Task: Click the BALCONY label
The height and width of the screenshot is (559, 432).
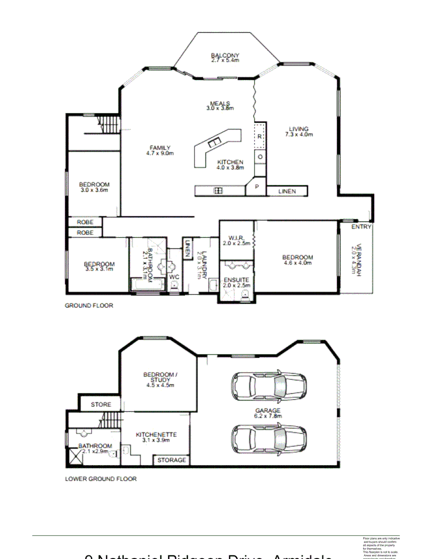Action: (x=225, y=56)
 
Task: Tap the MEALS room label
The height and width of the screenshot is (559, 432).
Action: (x=220, y=104)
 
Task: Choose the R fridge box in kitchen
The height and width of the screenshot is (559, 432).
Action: (x=260, y=136)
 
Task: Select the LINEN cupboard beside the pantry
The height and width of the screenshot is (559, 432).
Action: (x=287, y=192)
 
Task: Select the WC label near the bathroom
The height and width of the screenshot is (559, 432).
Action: (x=174, y=277)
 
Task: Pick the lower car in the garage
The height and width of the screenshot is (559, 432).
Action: (x=269, y=438)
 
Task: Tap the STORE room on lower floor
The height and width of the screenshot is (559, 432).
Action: (x=101, y=404)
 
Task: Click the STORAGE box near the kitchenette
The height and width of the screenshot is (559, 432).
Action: (x=172, y=460)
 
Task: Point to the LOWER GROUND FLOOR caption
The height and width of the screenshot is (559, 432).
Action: (x=101, y=479)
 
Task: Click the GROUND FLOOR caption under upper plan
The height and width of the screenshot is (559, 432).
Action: (x=89, y=305)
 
